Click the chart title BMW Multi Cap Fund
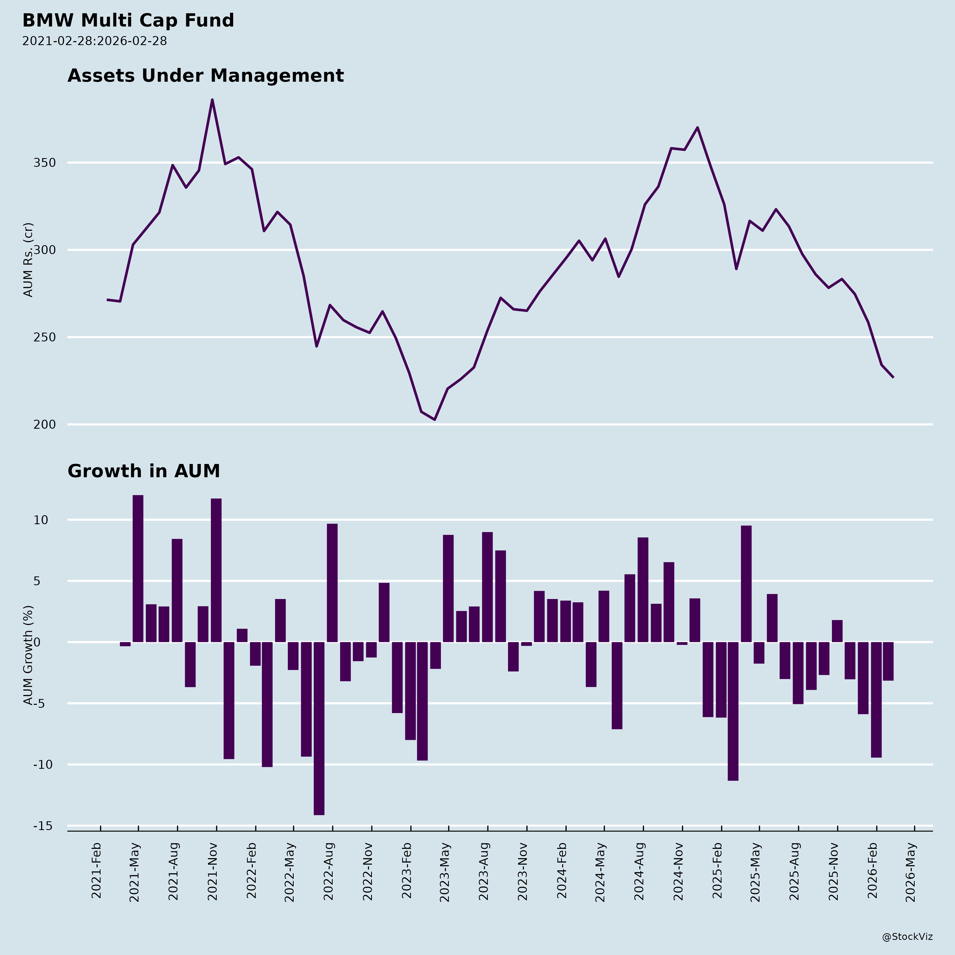coord(128,21)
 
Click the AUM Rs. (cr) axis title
coord(29,259)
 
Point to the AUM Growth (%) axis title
coord(29,655)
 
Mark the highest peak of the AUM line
coord(212,100)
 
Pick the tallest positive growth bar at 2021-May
coord(138,568)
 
